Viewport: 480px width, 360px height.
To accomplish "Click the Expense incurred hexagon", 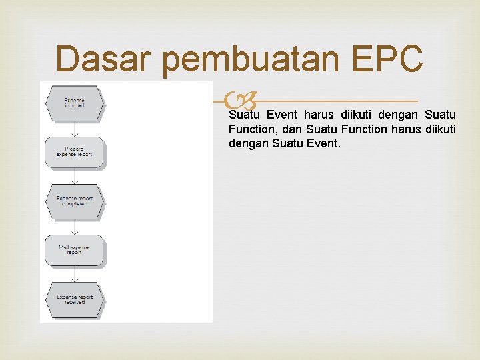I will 75,103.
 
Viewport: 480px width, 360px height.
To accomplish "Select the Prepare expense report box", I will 75,151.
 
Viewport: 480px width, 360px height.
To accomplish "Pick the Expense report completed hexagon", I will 75,201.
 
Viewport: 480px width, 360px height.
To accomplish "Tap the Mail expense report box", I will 75,250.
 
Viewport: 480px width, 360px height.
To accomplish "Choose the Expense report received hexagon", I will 75,299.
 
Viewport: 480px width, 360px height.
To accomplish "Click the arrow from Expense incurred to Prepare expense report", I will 75,129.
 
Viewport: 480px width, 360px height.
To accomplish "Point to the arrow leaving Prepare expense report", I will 75,175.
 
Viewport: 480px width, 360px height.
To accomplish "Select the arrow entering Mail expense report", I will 75,227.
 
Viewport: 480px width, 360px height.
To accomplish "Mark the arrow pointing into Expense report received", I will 75,275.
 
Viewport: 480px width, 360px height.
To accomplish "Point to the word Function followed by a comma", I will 253,129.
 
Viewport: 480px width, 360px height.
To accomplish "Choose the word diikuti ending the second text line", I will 439,129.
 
